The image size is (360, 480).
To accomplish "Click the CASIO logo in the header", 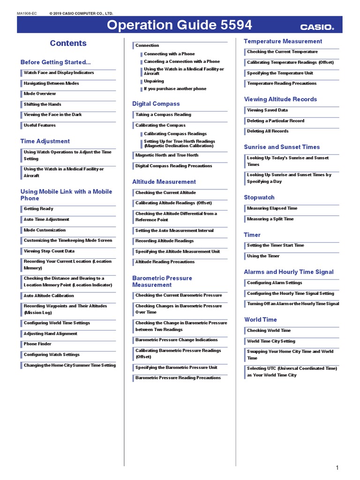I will (317, 27).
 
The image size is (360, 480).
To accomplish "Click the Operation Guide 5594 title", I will (180, 25).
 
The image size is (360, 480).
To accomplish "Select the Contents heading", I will (68, 43).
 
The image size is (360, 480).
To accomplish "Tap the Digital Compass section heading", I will (156, 104).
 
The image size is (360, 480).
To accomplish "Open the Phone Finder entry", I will (38, 344).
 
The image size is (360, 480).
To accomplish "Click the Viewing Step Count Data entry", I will (49, 251).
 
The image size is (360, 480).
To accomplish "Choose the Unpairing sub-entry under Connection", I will (154, 81).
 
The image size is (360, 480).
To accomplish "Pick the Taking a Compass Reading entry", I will (163, 114).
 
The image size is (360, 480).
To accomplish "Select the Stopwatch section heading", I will (259, 197).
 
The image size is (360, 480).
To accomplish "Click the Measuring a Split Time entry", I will (270, 219).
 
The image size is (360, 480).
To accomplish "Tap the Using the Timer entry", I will (263, 256).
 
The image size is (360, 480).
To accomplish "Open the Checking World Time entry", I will (269, 330).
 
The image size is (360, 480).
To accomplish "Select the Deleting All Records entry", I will (268, 131).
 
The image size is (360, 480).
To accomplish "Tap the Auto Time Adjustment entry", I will (46, 219).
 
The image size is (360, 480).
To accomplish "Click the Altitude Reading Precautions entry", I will (165, 262).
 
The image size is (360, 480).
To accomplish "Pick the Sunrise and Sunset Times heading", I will (282, 147).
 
